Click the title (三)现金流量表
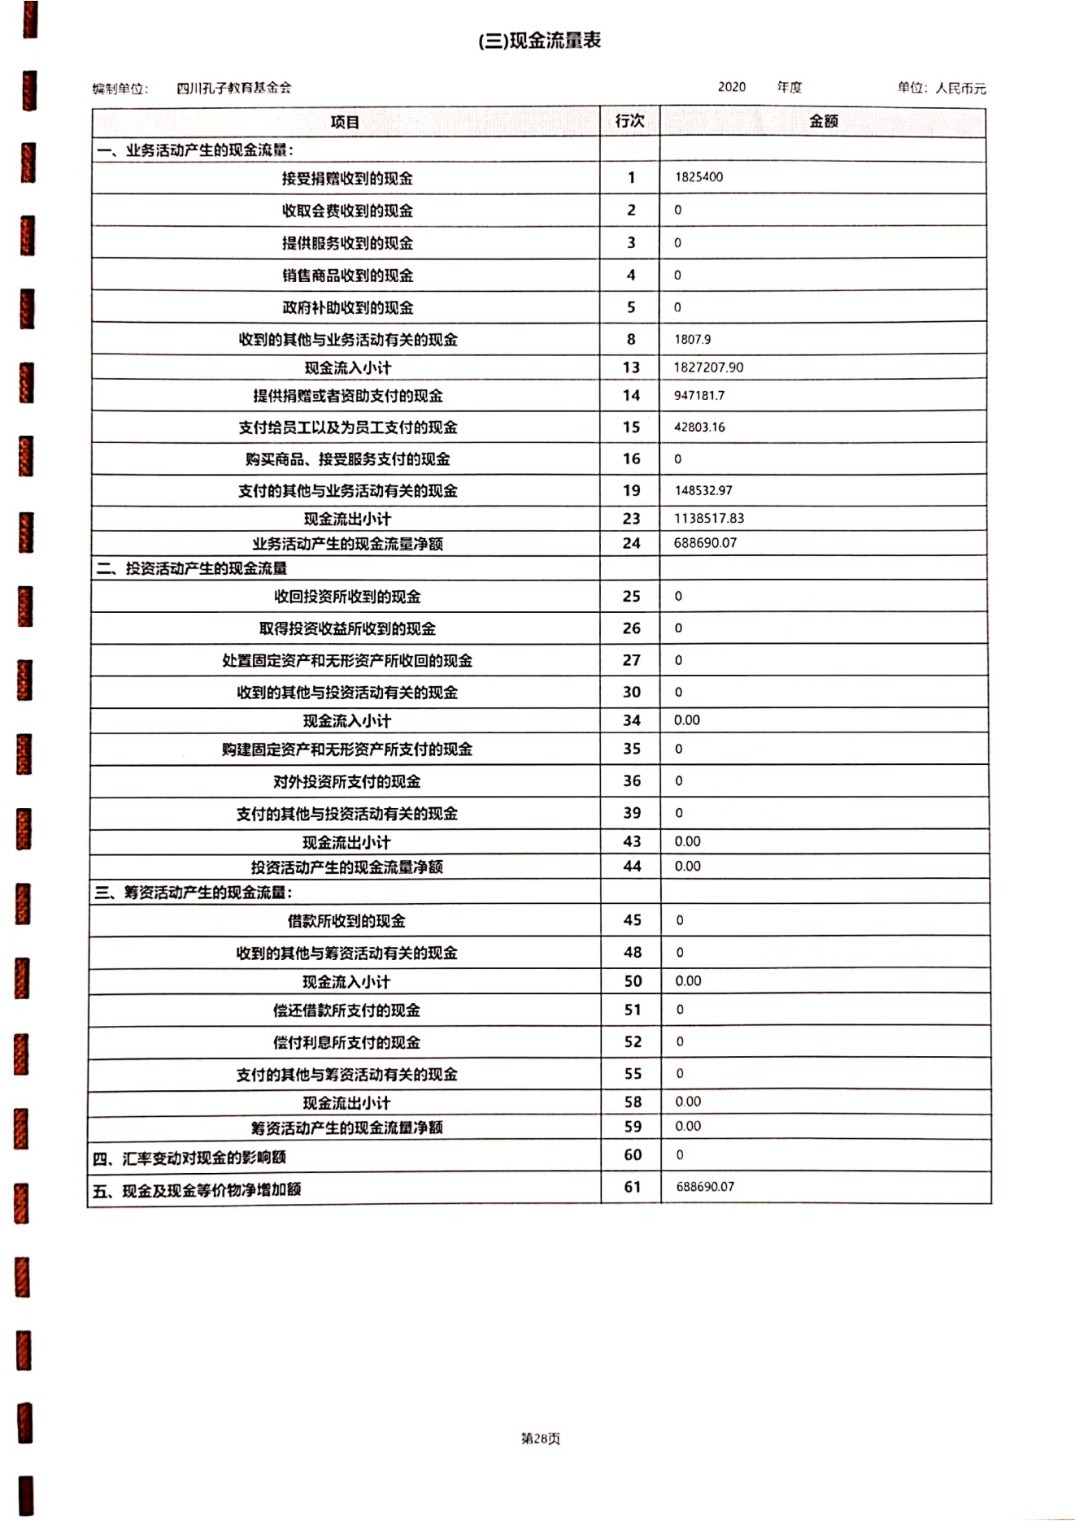coord(539,41)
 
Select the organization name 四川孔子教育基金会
coord(233,88)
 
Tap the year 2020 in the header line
coord(731,87)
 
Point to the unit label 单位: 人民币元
coord(941,88)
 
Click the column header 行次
coord(629,121)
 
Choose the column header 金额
coord(823,121)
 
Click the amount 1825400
coord(699,177)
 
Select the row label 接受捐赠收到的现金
coord(347,178)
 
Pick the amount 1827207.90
coord(708,367)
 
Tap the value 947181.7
coord(699,396)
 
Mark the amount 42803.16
coord(699,427)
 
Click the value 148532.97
coord(703,490)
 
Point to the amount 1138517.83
coord(708,518)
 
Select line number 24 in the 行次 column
coord(631,543)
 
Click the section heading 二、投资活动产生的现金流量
coord(192,568)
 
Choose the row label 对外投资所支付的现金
coord(346,781)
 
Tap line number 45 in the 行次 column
coord(632,920)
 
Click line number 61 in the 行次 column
coord(633,1187)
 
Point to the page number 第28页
coord(540,1438)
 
